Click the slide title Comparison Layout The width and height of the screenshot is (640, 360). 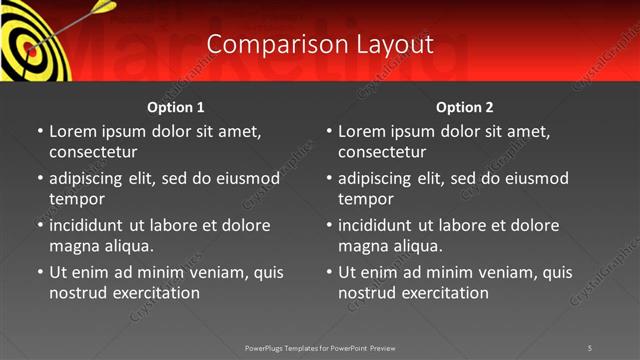click(320, 45)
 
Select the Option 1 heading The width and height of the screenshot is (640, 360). click(176, 107)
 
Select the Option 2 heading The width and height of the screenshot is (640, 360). click(465, 107)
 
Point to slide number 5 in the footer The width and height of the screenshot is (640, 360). click(589, 347)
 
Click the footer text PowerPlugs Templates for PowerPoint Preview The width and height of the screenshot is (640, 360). click(320, 347)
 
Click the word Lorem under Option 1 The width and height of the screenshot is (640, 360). click(73, 131)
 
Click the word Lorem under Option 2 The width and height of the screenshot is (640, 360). click(362, 131)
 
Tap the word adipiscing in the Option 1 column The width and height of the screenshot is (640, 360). click(89, 178)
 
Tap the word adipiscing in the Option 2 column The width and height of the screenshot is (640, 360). click(378, 178)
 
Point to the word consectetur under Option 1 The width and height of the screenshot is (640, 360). click(93, 152)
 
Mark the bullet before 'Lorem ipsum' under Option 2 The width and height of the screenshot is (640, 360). click(329, 131)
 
